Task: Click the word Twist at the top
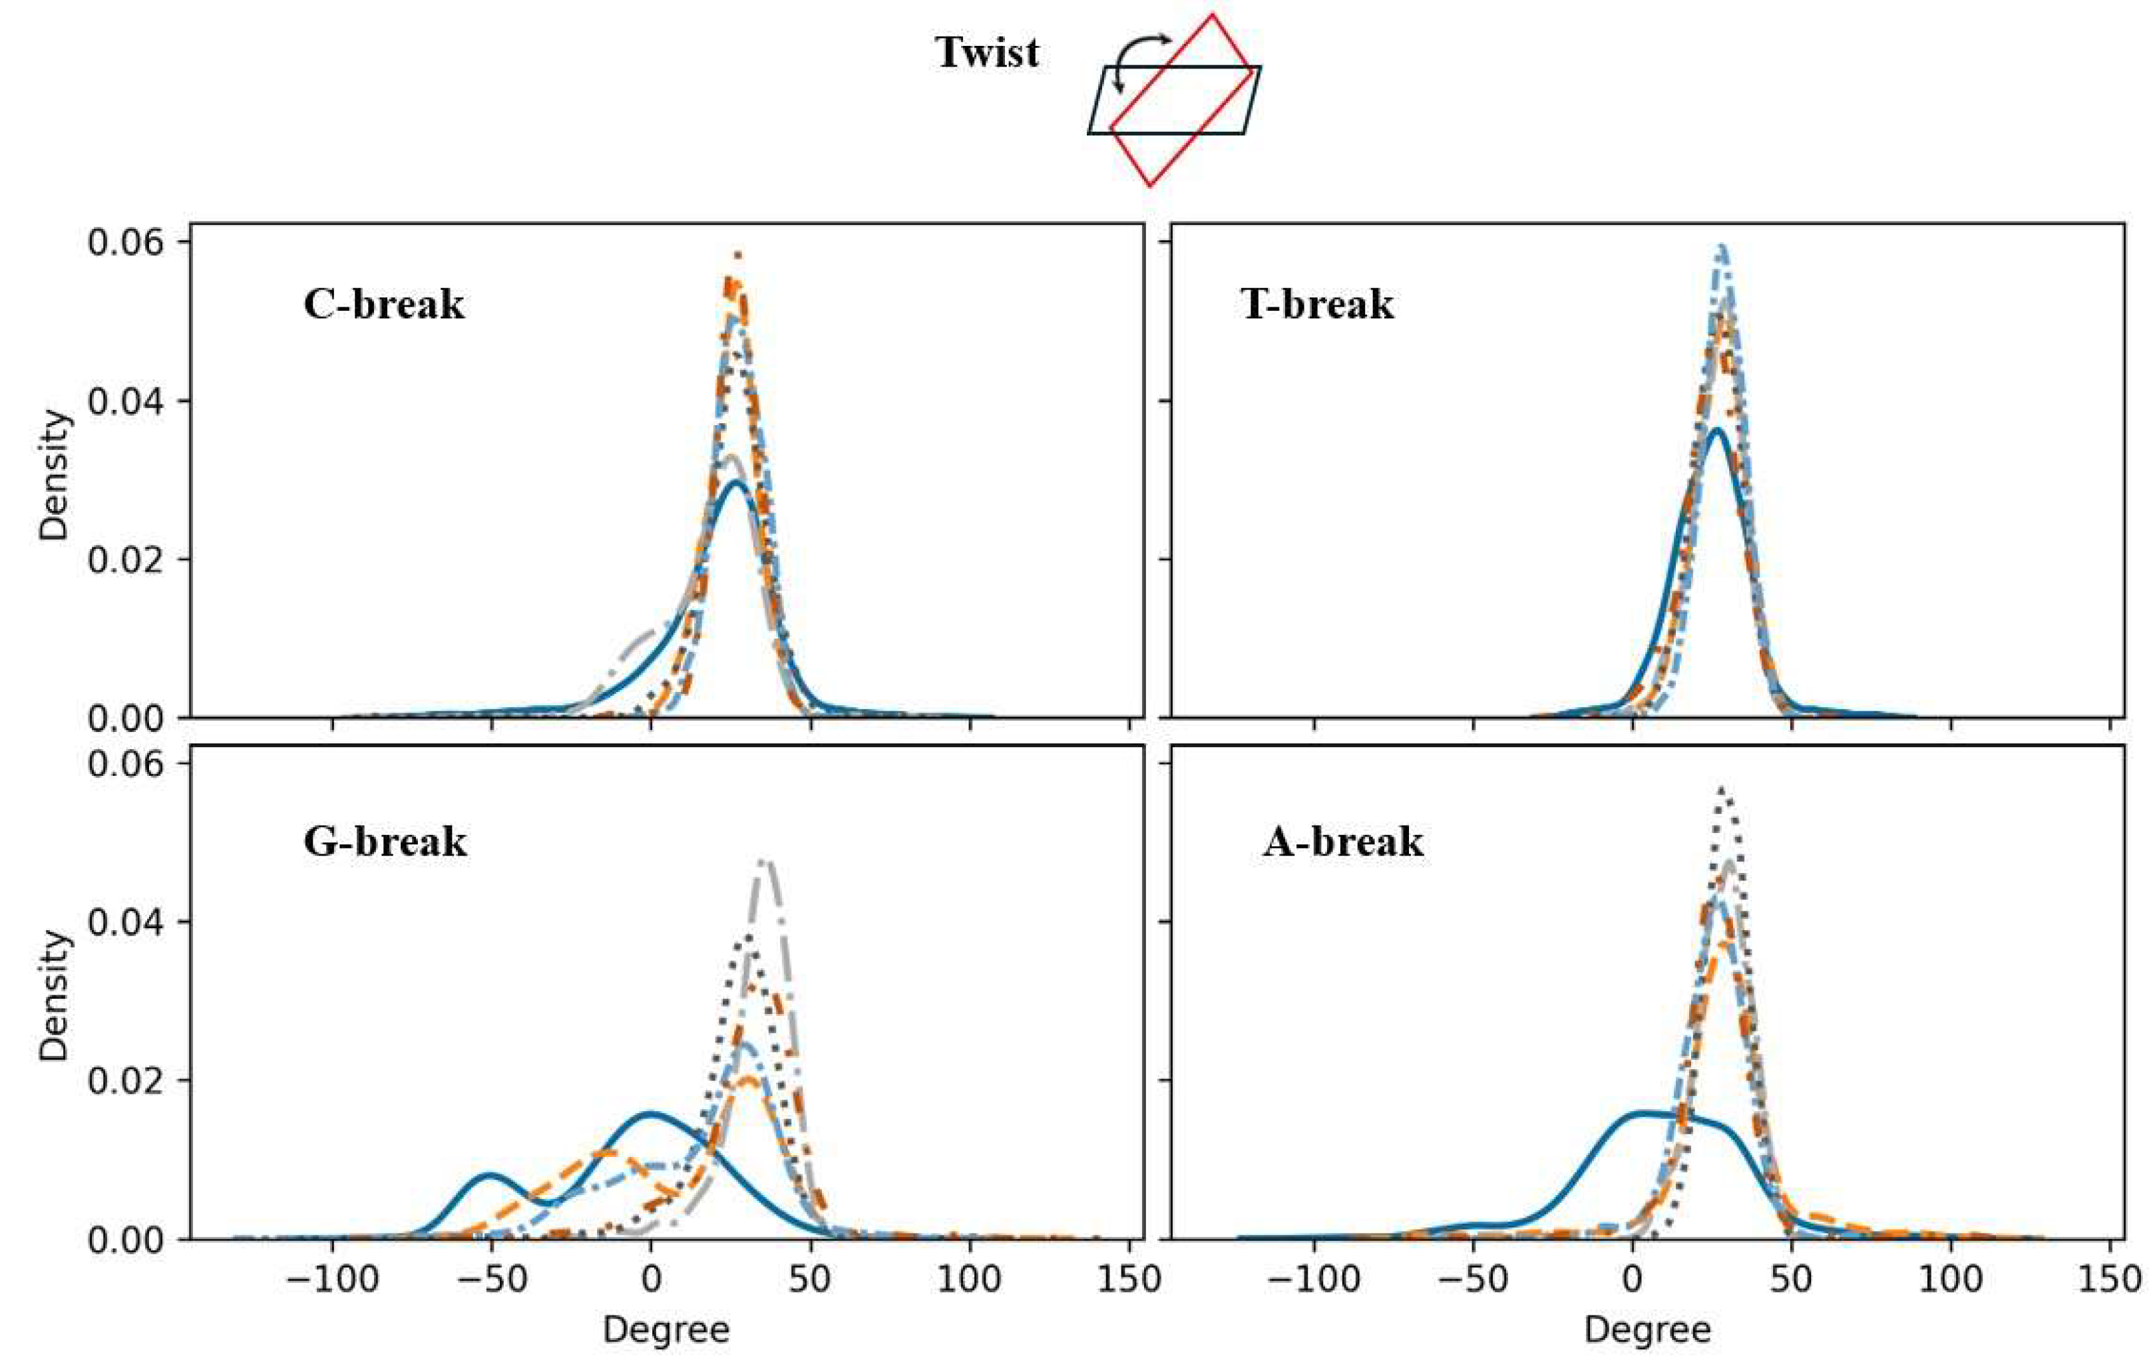(987, 52)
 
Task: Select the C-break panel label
(384, 304)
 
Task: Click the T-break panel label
(1316, 304)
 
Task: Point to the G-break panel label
(385, 842)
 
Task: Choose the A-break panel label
(1342, 842)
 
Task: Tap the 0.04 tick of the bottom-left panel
(125, 922)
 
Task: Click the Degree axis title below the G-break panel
(666, 1330)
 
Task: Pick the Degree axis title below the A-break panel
(1647, 1330)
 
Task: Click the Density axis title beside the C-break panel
(54, 475)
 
